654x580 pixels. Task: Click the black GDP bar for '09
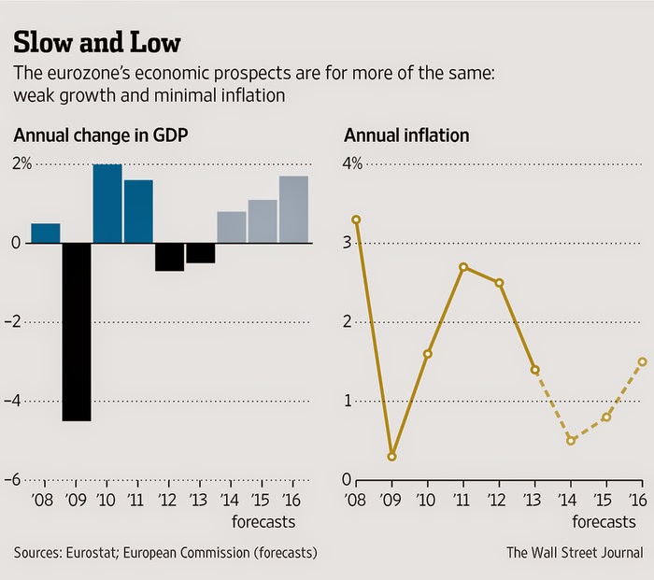[x=77, y=332]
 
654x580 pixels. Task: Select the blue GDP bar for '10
[x=107, y=204]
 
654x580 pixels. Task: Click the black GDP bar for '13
[x=200, y=253]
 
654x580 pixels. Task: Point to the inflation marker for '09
[x=391, y=457]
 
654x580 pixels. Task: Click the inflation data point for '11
[x=463, y=267]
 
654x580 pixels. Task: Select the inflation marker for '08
[x=356, y=219]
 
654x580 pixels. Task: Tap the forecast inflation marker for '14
[x=570, y=440]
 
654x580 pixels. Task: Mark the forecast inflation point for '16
[x=643, y=361]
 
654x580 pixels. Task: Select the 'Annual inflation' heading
[x=406, y=136]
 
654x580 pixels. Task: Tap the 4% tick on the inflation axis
[x=353, y=164]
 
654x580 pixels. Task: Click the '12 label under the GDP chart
[x=169, y=500]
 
